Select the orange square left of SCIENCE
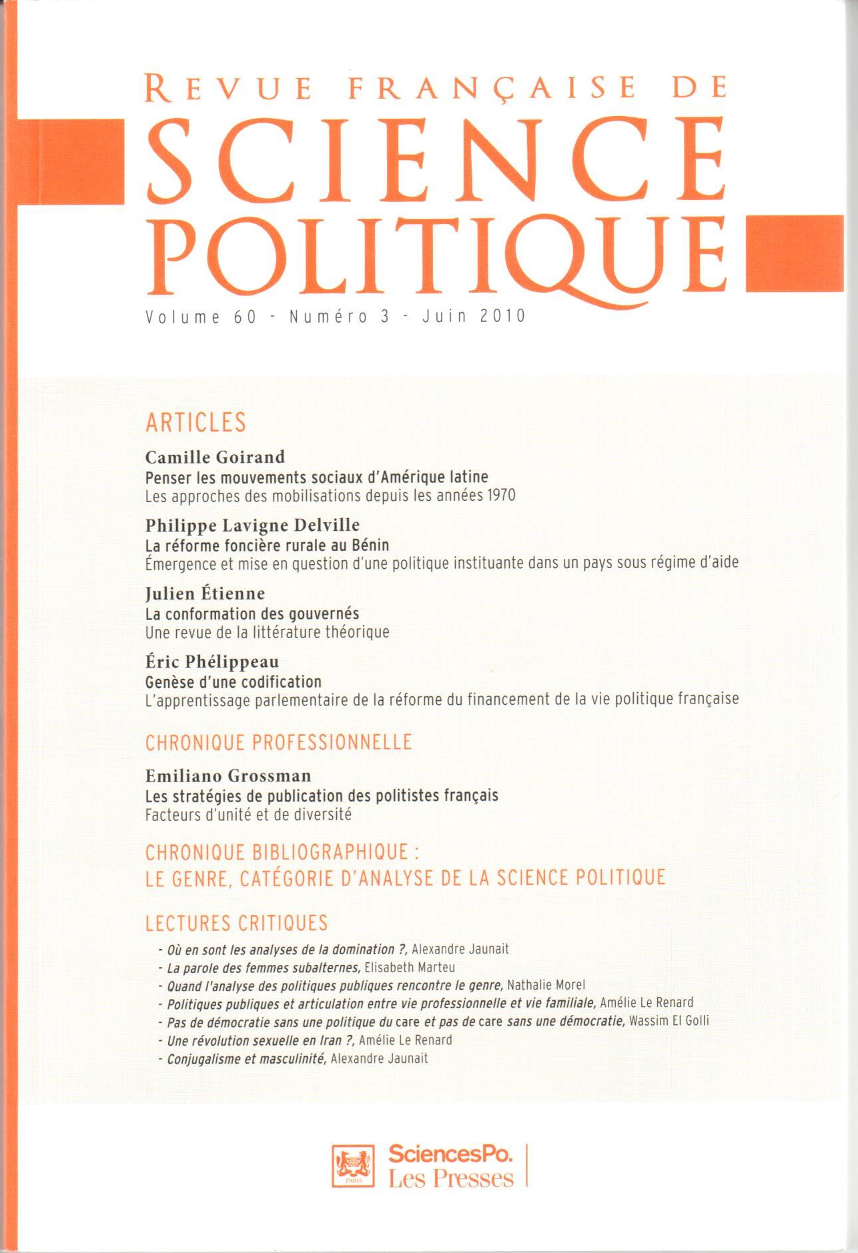[69, 161]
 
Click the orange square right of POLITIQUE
[795, 254]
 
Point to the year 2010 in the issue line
[503, 316]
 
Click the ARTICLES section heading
[196, 422]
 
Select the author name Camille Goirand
[215, 457]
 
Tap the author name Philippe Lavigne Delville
[252, 525]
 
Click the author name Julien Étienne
[205, 593]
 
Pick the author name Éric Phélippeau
[212, 662]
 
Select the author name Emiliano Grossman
[228, 776]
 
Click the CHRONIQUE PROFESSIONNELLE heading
[279, 742]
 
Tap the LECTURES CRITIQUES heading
[237, 923]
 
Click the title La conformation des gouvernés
[252, 613]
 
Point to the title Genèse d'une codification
[234, 682]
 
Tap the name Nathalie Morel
[546, 985]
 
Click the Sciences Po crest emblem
[353, 1166]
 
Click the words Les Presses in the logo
[451, 1178]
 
